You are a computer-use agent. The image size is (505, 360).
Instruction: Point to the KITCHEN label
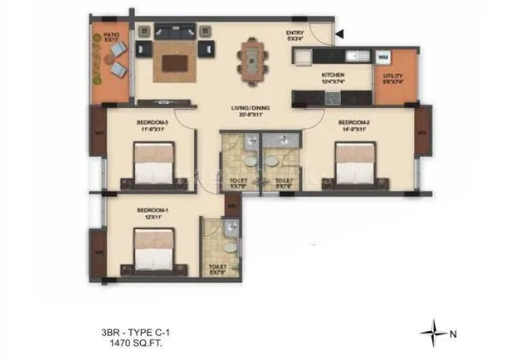[333, 76]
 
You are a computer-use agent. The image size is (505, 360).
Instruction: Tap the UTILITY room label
[393, 75]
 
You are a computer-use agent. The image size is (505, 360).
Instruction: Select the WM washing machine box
[382, 57]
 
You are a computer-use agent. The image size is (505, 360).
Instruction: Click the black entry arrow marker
[340, 35]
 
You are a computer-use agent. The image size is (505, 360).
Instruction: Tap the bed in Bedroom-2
[351, 164]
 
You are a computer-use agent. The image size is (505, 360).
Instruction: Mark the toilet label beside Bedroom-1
[218, 268]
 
